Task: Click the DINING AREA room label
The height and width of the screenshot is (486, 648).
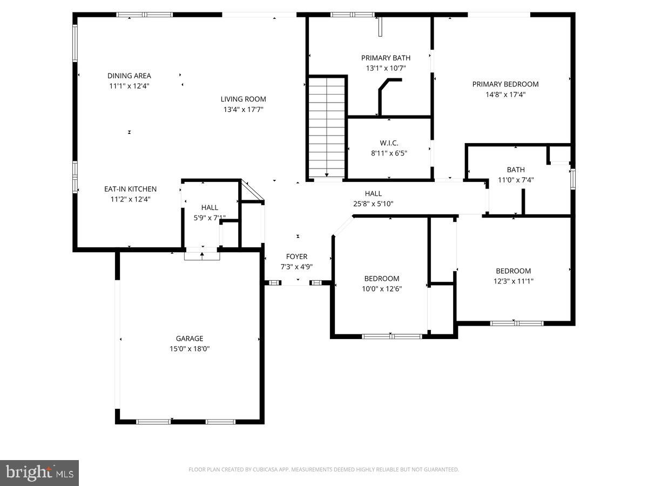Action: pyautogui.click(x=129, y=76)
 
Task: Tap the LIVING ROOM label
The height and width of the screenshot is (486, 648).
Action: pyautogui.click(x=243, y=99)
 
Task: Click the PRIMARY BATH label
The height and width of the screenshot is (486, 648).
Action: pyautogui.click(x=386, y=58)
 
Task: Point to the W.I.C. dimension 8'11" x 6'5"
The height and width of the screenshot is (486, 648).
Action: pyautogui.click(x=389, y=153)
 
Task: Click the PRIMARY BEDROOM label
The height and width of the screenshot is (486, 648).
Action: pyautogui.click(x=505, y=84)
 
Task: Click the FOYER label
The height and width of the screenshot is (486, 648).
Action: pyautogui.click(x=296, y=256)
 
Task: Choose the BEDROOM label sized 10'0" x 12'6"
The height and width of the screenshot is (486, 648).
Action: pyautogui.click(x=382, y=279)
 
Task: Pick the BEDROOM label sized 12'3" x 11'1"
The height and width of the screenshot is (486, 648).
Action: pyautogui.click(x=514, y=271)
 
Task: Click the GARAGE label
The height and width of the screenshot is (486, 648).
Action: pyautogui.click(x=190, y=339)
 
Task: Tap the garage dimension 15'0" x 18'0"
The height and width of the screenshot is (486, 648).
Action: pyautogui.click(x=190, y=349)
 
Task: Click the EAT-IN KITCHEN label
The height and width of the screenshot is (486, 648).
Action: pyautogui.click(x=130, y=189)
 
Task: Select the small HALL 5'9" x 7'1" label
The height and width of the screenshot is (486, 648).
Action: pyautogui.click(x=210, y=207)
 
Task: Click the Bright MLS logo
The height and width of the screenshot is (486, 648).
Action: pyautogui.click(x=39, y=473)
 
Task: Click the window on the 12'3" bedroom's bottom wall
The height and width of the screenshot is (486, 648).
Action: pyautogui.click(x=516, y=323)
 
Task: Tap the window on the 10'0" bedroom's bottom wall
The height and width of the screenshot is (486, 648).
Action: pyautogui.click(x=391, y=336)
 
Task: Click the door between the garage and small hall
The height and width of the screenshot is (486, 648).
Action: pyautogui.click(x=202, y=255)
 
